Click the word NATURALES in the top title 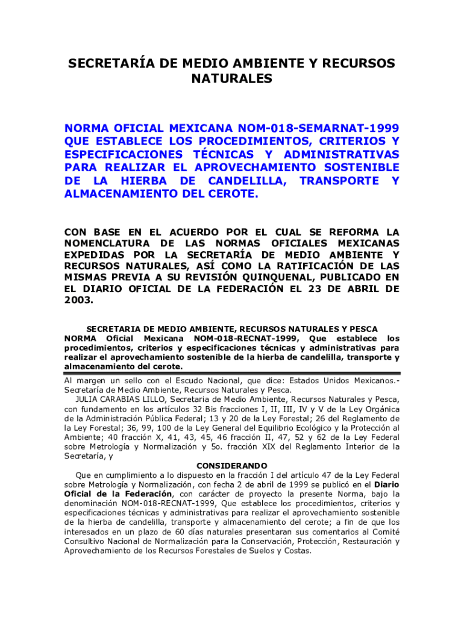point(231,79)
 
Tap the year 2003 point(78,300)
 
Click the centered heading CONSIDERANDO point(231,466)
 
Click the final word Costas point(298,550)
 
